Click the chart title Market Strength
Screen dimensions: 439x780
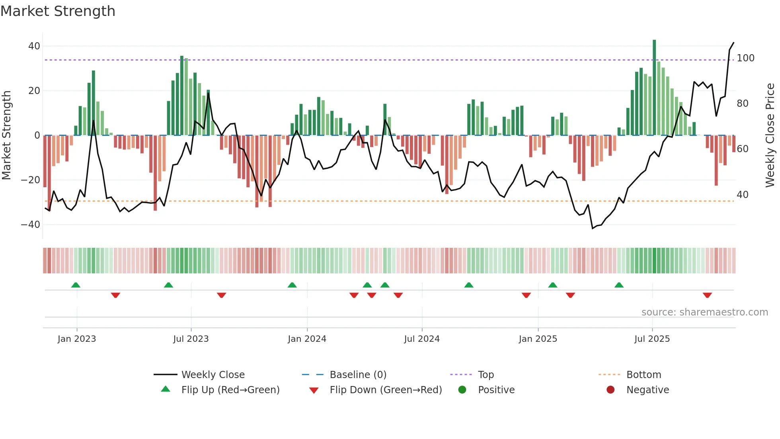(x=58, y=11)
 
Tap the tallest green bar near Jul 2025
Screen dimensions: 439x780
(x=654, y=88)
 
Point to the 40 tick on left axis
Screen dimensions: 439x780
(x=34, y=46)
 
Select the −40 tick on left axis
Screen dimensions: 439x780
(x=31, y=225)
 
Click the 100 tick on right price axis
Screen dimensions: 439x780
(x=745, y=58)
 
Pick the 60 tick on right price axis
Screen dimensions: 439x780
(x=742, y=149)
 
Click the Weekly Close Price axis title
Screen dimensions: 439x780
(x=770, y=135)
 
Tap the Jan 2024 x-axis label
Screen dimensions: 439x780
(x=307, y=339)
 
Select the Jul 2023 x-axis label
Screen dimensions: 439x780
(x=191, y=339)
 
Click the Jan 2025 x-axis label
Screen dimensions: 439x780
(x=538, y=339)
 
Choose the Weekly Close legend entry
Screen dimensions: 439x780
(x=213, y=375)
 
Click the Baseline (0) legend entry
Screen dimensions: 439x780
(x=358, y=375)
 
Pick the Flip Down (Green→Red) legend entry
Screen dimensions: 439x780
(x=385, y=390)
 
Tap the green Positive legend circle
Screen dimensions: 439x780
(x=462, y=390)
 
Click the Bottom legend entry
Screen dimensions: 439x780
(x=643, y=375)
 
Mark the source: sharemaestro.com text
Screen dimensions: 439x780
(x=704, y=312)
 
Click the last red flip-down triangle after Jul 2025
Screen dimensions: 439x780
(x=707, y=295)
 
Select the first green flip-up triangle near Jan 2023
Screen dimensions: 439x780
(x=76, y=285)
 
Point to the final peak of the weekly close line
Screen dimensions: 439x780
(x=733, y=43)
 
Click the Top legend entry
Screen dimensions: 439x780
(x=486, y=375)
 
